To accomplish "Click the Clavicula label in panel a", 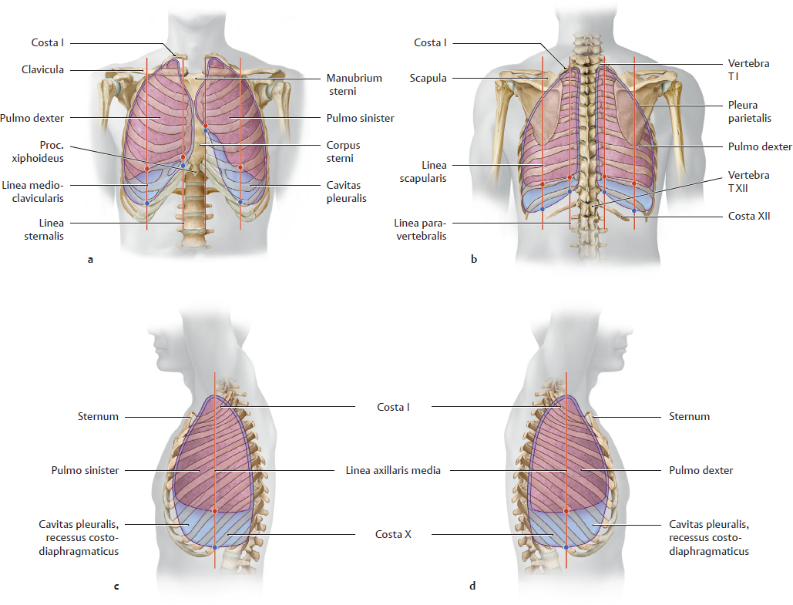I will tap(42, 70).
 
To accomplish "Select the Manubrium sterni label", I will tap(354, 85).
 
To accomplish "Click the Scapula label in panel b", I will tap(428, 78).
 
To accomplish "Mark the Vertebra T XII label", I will tap(748, 182).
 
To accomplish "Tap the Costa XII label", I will tap(749, 217).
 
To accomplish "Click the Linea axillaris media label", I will tap(393, 470).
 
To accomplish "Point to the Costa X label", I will tap(393, 534).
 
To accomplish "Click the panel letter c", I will tap(116, 586).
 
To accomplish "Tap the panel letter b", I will tap(473, 260).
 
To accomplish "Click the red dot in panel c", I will tap(215, 512).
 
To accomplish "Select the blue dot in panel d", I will tap(566, 546).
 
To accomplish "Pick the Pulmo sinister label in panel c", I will tap(85, 470).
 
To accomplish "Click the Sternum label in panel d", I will tap(688, 416).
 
